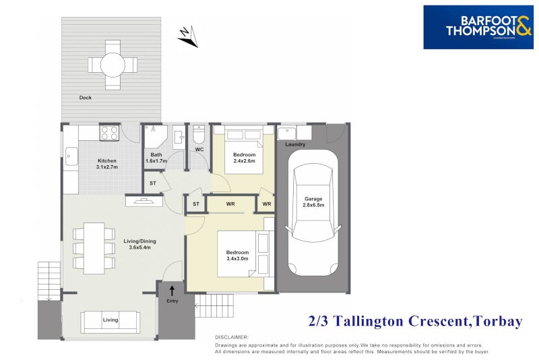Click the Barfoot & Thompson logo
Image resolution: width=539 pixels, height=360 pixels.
[478, 27]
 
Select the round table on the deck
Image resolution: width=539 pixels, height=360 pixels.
[112, 65]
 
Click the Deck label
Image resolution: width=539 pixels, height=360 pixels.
[85, 98]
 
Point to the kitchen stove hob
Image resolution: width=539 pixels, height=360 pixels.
[110, 133]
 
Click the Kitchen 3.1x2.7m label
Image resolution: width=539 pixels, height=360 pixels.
[107, 164]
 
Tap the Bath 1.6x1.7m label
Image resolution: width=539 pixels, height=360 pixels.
[156, 158]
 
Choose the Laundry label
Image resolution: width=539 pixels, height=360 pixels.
[295, 144]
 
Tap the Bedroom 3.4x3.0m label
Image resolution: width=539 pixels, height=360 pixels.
[237, 255]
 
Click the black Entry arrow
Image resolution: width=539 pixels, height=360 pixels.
[172, 291]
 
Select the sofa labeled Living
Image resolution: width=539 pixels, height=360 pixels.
[110, 321]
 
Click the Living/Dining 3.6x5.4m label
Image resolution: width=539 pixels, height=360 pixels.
[140, 243]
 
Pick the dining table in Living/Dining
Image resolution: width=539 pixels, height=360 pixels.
[94, 247]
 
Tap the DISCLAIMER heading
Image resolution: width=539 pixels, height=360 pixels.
[232, 336]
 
